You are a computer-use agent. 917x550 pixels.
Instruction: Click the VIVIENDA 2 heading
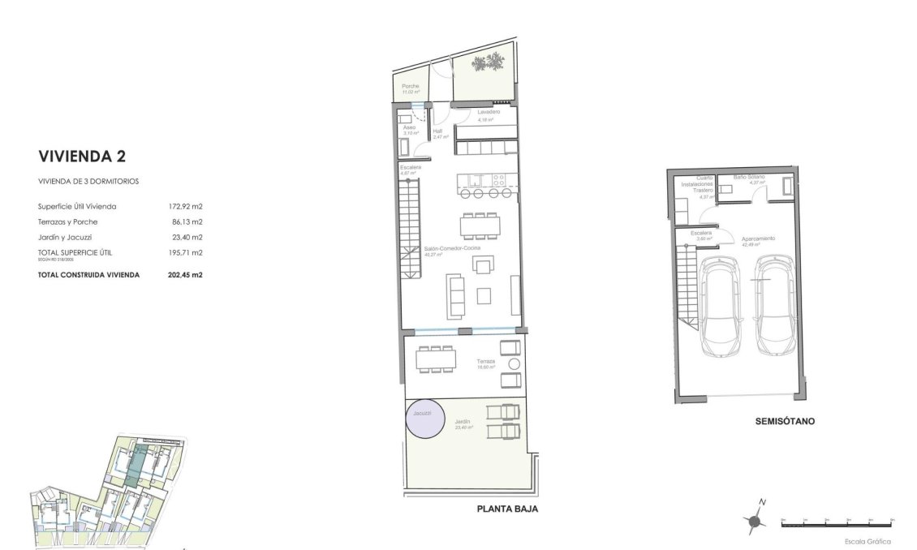82,156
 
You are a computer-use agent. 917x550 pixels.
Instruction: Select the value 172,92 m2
184,207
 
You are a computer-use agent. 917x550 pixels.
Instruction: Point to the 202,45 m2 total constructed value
184,275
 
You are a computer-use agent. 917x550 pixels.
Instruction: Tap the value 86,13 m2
185,221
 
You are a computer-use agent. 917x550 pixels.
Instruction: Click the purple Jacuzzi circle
426,419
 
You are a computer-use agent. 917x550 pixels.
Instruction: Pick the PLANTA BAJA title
507,509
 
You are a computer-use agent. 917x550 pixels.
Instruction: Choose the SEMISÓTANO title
784,422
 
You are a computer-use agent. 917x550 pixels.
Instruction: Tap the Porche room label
411,86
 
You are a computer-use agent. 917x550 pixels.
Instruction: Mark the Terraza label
485,361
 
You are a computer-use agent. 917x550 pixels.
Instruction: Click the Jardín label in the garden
463,422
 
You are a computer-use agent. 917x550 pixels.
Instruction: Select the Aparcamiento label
758,238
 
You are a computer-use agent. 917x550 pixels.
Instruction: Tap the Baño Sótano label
750,176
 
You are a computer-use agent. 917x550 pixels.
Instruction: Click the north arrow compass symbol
756,521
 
